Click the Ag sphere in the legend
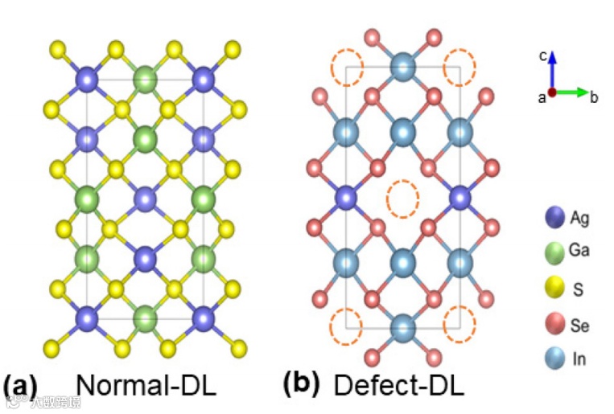click(x=554, y=217)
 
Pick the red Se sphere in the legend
click(x=554, y=323)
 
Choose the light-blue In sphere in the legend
click(x=554, y=358)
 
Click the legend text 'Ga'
click(x=579, y=251)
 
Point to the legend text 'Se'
click(x=579, y=326)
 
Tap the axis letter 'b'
click(x=594, y=97)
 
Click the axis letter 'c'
click(x=543, y=55)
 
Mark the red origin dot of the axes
click(x=553, y=93)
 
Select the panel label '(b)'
click(x=303, y=384)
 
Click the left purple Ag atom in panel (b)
click(x=346, y=197)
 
